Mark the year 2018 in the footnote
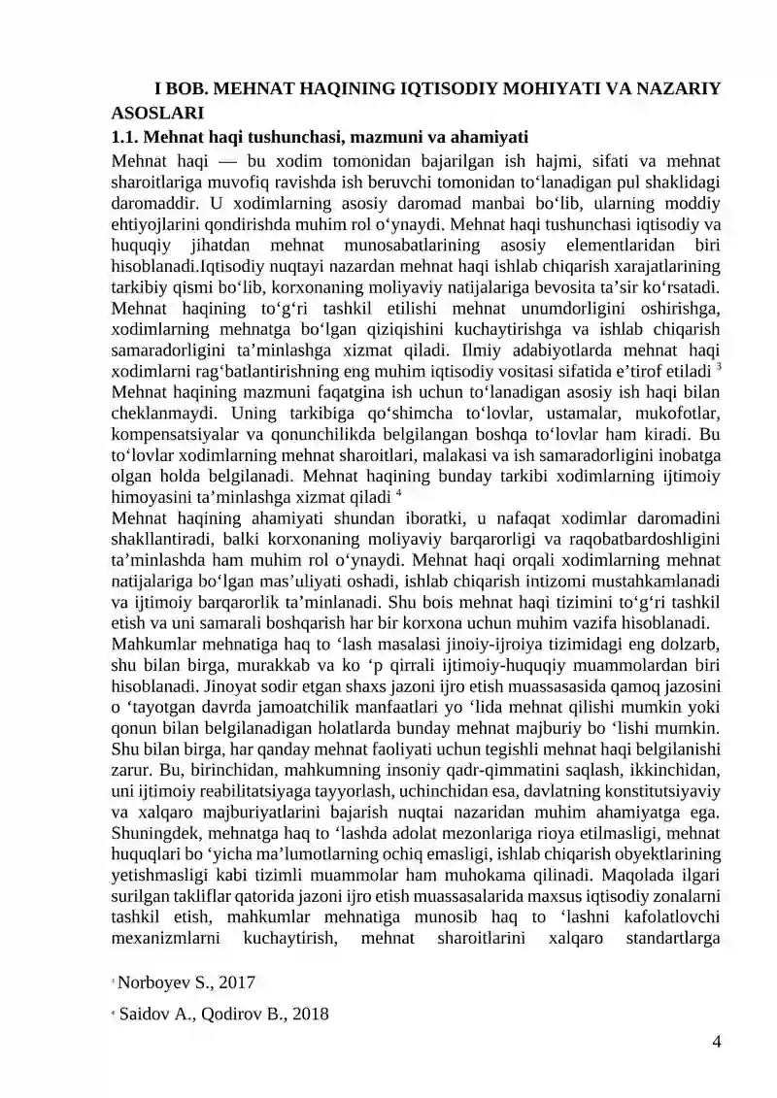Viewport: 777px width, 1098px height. pos(307,1015)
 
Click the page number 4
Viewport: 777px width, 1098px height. pos(716,1043)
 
